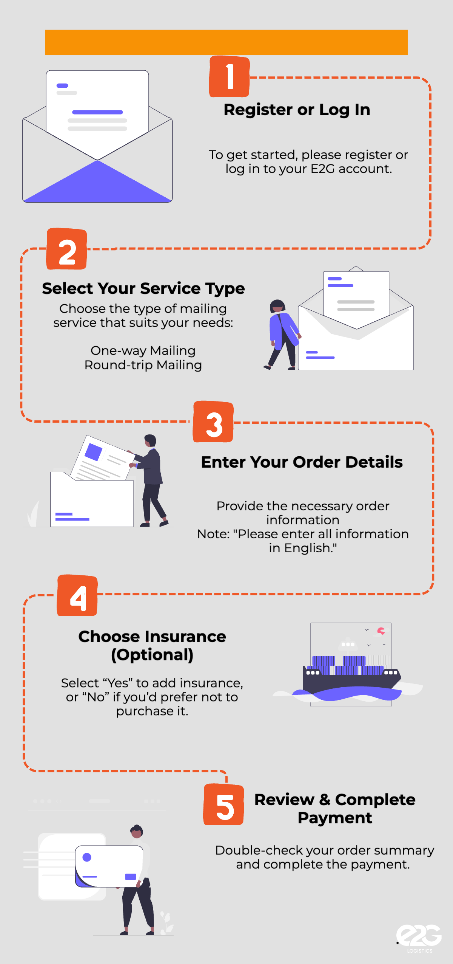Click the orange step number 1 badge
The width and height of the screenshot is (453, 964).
click(x=229, y=77)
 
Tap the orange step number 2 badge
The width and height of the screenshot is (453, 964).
click(x=67, y=249)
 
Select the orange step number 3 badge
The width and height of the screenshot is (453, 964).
click(x=213, y=422)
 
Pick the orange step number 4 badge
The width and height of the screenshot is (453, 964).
click(x=77, y=596)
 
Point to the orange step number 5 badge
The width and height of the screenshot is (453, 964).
click(x=224, y=804)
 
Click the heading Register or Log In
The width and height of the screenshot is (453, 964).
click(x=297, y=110)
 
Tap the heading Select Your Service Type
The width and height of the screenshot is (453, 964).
click(x=143, y=288)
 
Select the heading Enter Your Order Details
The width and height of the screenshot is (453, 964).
click(x=302, y=462)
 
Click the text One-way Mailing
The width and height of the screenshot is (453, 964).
click(x=143, y=351)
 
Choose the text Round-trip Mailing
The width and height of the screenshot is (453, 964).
click(x=143, y=365)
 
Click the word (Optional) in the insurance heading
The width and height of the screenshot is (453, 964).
click(x=152, y=655)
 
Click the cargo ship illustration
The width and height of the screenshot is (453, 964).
click(x=351, y=677)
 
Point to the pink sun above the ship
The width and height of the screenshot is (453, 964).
click(x=381, y=631)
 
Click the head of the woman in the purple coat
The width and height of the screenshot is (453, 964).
click(x=277, y=306)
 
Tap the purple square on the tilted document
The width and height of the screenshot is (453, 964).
click(x=94, y=452)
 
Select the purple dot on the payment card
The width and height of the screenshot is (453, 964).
click(x=87, y=857)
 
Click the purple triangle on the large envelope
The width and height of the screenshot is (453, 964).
click(x=97, y=183)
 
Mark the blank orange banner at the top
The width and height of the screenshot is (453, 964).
click(x=226, y=42)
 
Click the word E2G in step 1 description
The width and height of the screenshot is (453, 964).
click(x=322, y=169)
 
